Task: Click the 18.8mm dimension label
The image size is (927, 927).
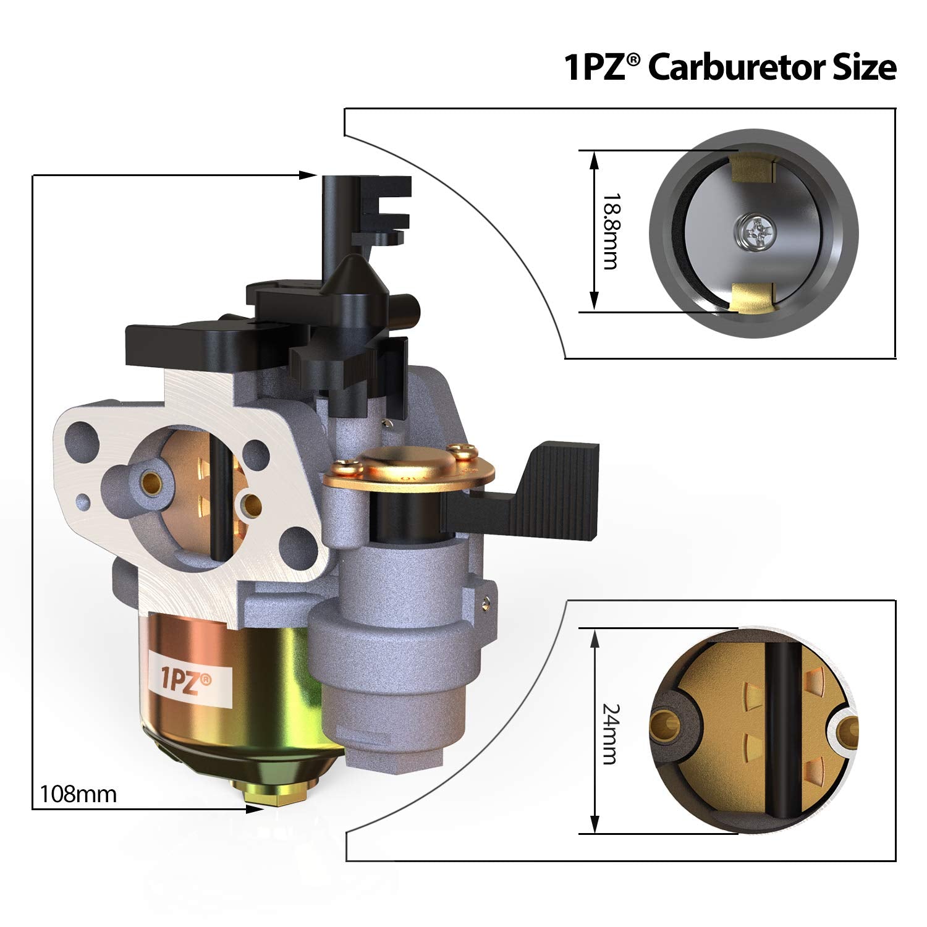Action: [x=611, y=231]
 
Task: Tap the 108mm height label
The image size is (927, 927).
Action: [x=78, y=793]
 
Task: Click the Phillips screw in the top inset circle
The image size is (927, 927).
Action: [x=754, y=232]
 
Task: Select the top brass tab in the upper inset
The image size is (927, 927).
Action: [x=751, y=167]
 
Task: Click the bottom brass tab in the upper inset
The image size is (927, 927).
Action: [x=751, y=298]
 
